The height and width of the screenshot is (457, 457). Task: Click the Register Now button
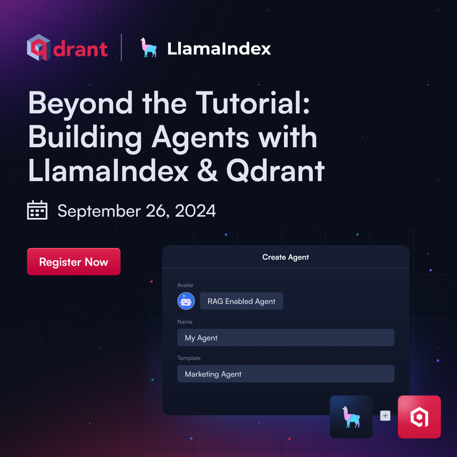tap(74, 262)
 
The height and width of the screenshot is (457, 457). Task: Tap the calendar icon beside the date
tap(37, 210)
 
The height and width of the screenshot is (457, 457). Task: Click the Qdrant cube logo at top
tap(39, 47)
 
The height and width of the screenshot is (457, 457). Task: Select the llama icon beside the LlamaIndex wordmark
tap(149, 47)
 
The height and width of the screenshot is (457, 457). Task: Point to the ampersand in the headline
tap(207, 171)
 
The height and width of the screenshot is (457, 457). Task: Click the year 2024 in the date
tap(195, 211)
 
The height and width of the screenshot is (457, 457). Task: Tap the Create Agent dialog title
tap(286, 257)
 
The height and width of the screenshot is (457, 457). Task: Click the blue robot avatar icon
tap(186, 301)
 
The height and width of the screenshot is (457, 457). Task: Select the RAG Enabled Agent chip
tap(241, 301)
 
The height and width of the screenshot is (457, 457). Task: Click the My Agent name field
tap(286, 338)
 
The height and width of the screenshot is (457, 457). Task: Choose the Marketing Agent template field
tap(286, 374)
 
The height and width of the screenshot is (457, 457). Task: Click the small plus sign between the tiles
tap(385, 416)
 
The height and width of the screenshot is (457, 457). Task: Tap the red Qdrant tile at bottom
tap(419, 417)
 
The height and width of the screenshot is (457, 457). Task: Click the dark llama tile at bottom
tap(351, 417)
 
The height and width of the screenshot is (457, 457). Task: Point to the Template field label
tap(189, 358)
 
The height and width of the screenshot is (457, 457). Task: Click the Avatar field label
tap(185, 285)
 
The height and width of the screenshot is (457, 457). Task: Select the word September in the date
tap(99, 211)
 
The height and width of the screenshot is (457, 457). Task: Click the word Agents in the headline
tap(200, 138)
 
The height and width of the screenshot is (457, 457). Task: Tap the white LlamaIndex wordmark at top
tap(219, 48)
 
